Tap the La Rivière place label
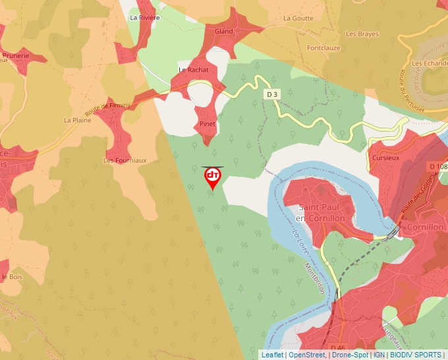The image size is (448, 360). click(x=145, y=18)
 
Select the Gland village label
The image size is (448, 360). click(x=224, y=31)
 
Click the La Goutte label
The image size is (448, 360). click(x=298, y=18)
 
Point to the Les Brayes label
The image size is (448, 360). click(x=362, y=34)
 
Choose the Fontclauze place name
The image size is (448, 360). click(x=322, y=48)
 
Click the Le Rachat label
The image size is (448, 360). click(x=193, y=70)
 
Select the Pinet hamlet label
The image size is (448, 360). click(x=208, y=124)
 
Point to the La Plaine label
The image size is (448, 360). click(x=76, y=120)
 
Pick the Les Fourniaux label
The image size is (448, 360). click(x=125, y=160)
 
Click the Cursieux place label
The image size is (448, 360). click(x=385, y=159)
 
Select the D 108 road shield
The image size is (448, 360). click(x=437, y=167)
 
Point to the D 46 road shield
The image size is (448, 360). click(x=337, y=347)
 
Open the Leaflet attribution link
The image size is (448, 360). click(x=271, y=355)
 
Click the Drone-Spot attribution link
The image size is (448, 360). click(x=350, y=355)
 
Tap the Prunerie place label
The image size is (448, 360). click(x=16, y=56)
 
